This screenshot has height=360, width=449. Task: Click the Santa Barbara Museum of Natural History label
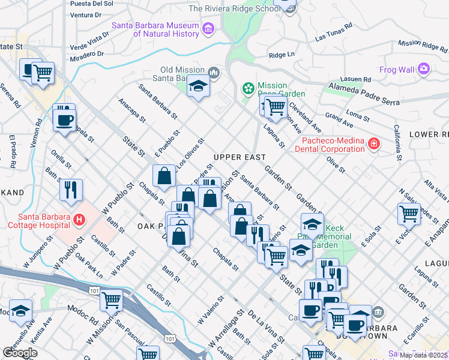tap(155, 29)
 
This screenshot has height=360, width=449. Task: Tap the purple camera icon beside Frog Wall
tap(424, 70)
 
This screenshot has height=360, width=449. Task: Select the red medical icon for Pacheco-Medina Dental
tap(373, 144)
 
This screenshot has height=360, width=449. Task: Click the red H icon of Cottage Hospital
tap(77, 221)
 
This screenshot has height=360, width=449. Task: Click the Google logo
tap(20, 353)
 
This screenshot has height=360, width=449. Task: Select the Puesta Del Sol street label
tap(91, 4)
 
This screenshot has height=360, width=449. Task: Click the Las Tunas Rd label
tap(331, 37)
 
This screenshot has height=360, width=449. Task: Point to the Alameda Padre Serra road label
tap(363, 92)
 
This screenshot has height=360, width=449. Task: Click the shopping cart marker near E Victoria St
tap(408, 213)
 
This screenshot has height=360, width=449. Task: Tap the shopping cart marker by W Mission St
tap(111, 299)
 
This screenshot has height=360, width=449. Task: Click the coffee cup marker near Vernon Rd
tap(64, 119)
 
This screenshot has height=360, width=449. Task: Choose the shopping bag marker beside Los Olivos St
tap(164, 176)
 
